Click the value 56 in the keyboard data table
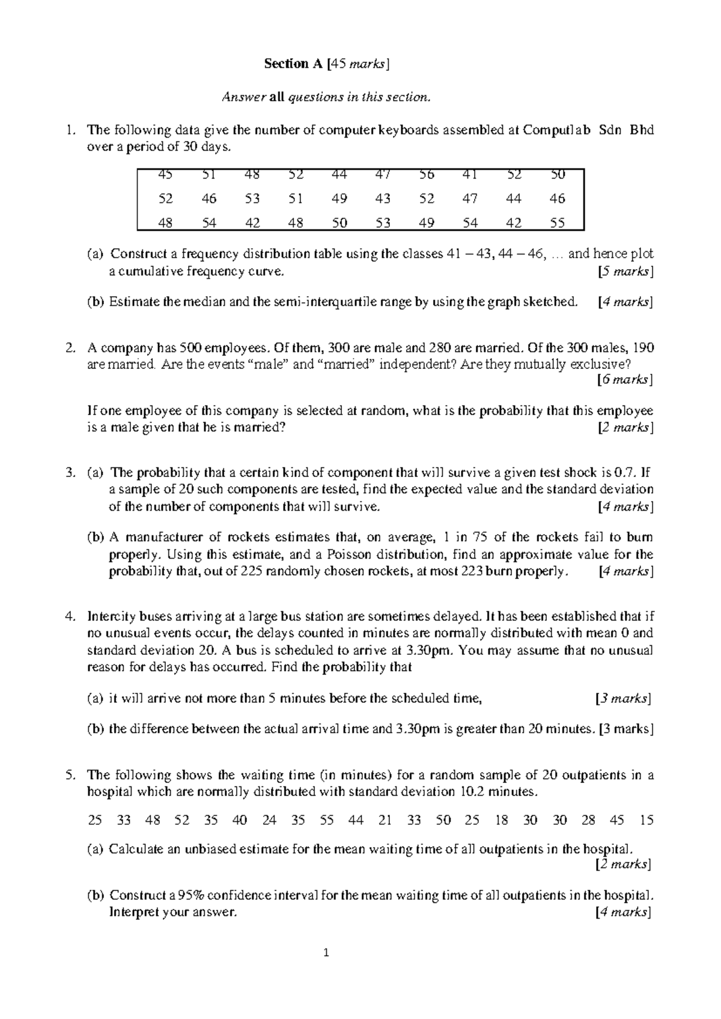427,175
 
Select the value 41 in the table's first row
470,175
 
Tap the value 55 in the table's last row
557,223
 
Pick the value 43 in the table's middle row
383,198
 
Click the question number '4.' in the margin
70,616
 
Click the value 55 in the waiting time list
327,820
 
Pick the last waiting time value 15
646,820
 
